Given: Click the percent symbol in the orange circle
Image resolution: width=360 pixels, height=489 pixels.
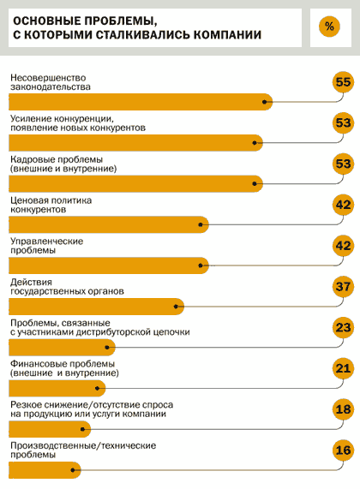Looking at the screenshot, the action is pos(329,27).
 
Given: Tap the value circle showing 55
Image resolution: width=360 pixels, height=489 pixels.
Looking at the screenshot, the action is pos(343,82).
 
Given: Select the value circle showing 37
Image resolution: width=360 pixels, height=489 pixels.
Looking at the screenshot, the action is pos(343,287).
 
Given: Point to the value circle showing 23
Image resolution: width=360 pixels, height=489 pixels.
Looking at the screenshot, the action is pos(343,327).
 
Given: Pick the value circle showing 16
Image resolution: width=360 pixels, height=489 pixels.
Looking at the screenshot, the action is pos(343,450).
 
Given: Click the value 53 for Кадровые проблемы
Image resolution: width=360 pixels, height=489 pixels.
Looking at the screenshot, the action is pos(343,164).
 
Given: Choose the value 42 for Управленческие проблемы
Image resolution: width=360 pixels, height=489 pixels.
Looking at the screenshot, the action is pos(343,246).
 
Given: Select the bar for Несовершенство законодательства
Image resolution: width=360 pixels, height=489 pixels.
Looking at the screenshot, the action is pos(141,102).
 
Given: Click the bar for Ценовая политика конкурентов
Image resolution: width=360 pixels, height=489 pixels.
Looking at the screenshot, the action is pos(109,224).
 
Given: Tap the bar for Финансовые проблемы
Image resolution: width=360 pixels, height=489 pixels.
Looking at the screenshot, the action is pos(57,388).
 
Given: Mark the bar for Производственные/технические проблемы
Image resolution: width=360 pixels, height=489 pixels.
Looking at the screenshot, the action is pos(45,470).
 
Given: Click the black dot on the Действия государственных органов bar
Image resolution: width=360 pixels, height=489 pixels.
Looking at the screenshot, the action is pos(176,307).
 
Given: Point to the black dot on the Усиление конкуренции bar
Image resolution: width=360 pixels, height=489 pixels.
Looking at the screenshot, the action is pos(255,143).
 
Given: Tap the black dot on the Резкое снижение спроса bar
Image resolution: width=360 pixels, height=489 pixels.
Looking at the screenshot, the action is pos(82,429).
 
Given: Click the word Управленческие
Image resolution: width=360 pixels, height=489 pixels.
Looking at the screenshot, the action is pos(47,242).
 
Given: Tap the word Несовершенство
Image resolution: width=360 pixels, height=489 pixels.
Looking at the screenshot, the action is pos(48,78).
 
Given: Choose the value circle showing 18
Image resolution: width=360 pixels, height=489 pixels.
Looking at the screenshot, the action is pos(343,409).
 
